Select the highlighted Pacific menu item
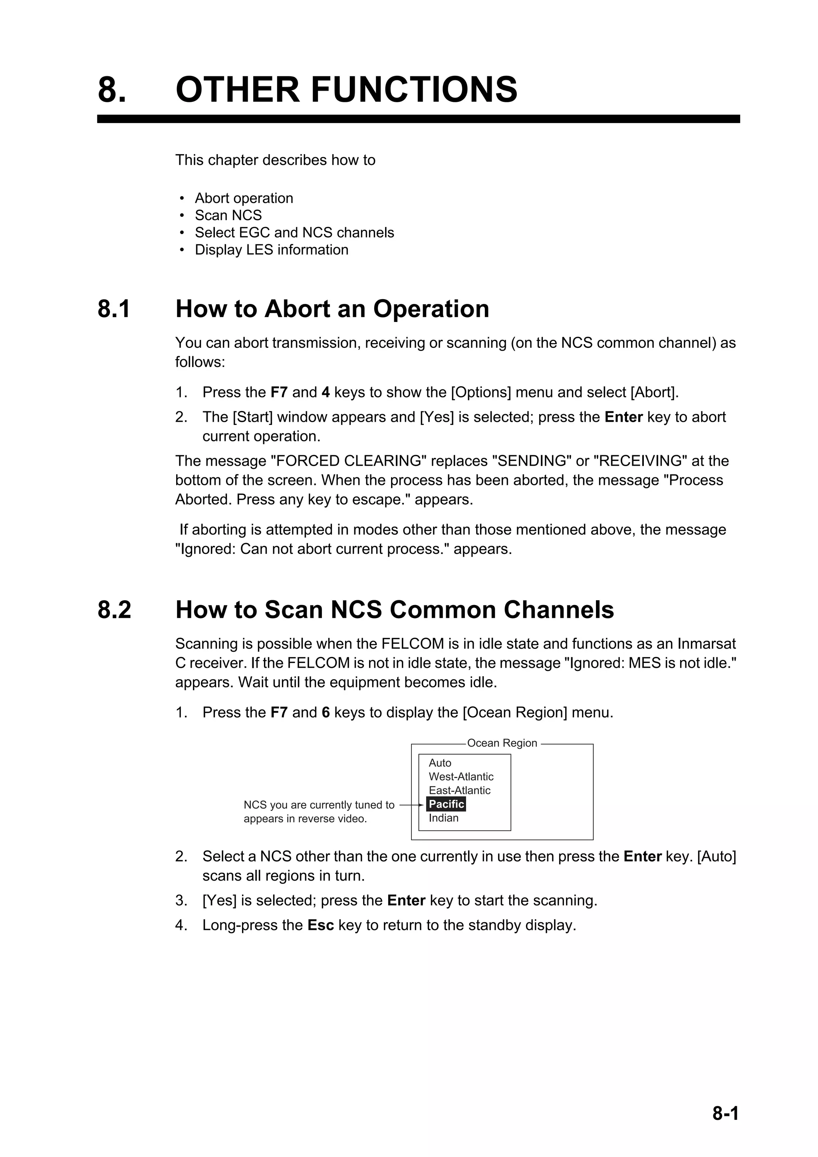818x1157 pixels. click(446, 804)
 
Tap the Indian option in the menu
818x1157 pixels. click(443, 818)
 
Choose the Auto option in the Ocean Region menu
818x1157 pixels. click(440, 763)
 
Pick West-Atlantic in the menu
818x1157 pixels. click(461, 776)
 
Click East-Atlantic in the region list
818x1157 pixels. click(459, 790)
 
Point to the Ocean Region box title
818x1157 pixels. click(502, 743)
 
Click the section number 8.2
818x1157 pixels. click(114, 610)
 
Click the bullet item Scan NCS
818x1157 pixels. click(228, 215)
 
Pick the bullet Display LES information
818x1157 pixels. click(271, 250)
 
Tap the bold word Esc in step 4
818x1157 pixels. click(321, 925)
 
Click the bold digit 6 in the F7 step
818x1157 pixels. click(326, 712)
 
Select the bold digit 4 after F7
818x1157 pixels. click(326, 392)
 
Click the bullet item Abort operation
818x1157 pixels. click(244, 198)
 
